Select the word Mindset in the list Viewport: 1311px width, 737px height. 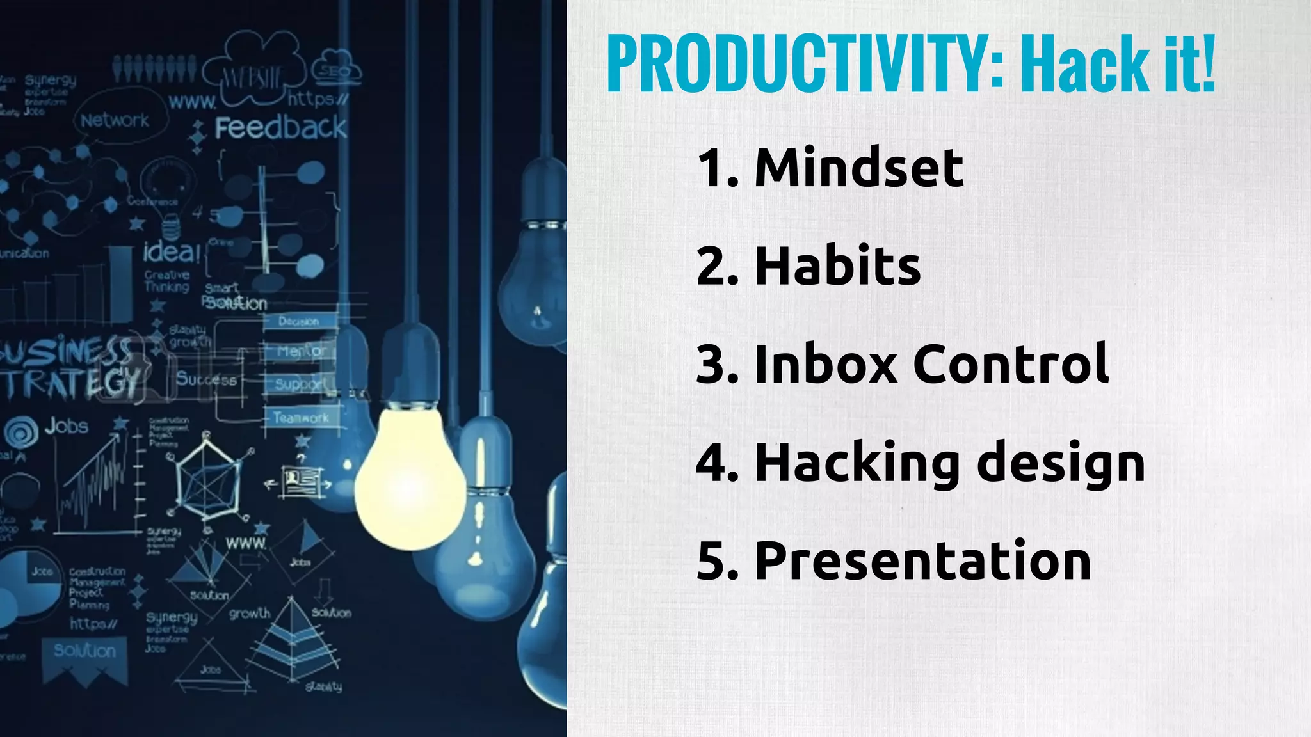click(858, 168)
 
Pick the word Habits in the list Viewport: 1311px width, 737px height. click(838, 265)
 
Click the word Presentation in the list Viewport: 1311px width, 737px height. click(923, 560)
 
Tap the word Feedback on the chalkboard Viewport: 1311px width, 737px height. click(280, 128)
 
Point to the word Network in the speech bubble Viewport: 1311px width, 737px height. click(115, 120)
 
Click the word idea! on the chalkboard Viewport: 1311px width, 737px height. click(171, 252)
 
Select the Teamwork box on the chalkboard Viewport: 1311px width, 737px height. click(300, 418)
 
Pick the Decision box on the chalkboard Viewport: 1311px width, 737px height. click(298, 321)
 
